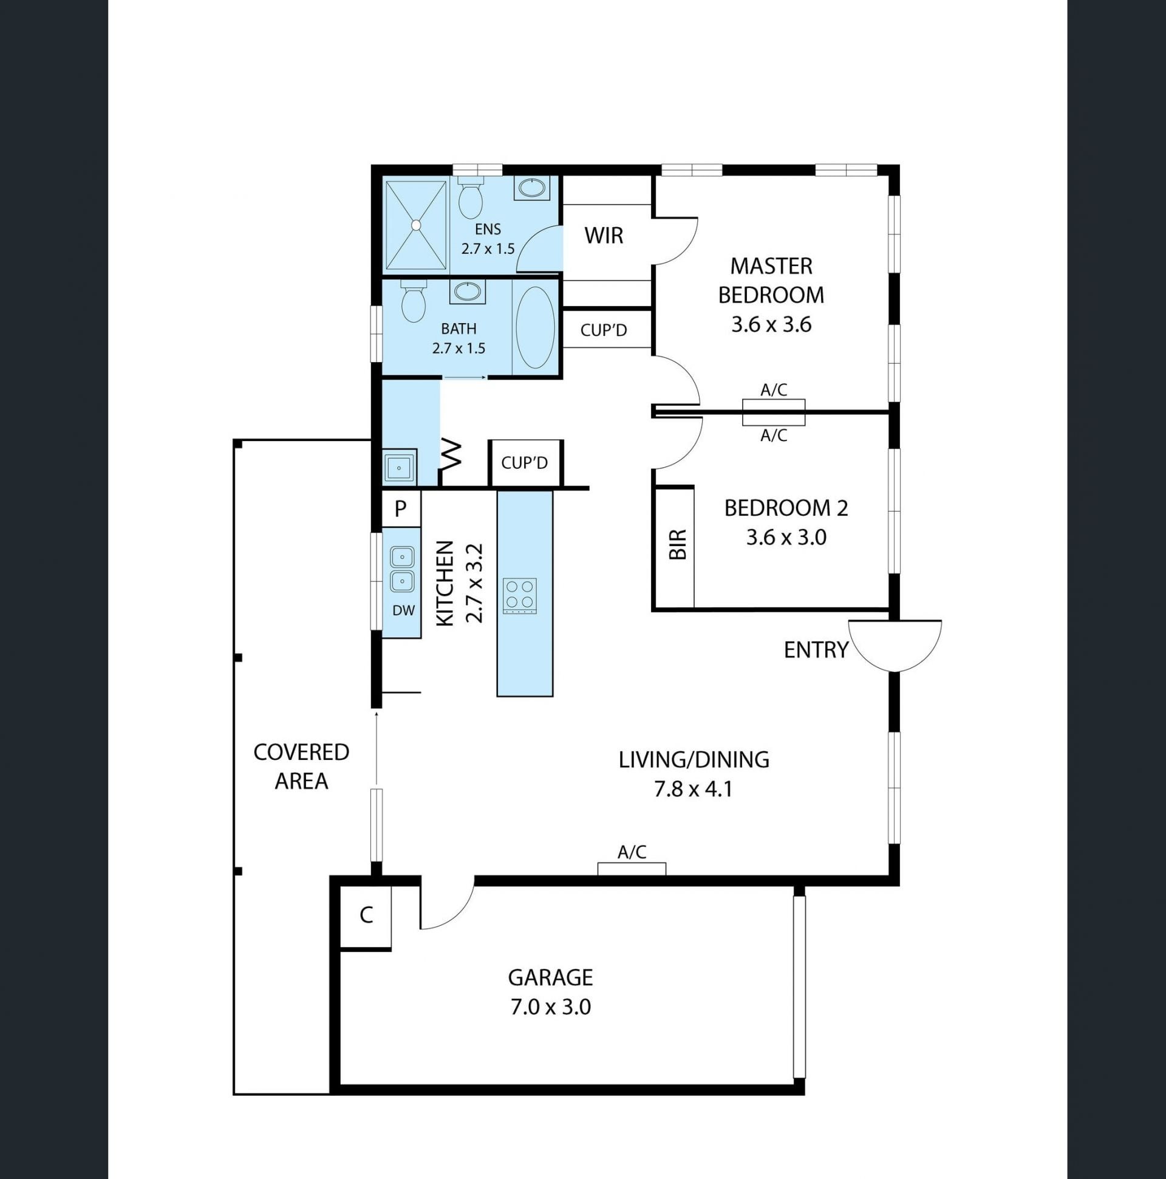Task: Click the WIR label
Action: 604,236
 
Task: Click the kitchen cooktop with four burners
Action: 519,596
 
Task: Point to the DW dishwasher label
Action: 403,610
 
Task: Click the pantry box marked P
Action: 401,508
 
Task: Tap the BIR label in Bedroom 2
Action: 678,544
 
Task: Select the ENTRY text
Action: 816,651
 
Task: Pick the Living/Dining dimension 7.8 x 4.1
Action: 693,790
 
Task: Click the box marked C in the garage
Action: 366,916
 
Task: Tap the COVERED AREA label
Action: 301,767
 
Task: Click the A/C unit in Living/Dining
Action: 632,869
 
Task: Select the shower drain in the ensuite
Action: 416,225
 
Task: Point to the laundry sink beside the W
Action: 400,468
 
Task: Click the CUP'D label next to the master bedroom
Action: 604,330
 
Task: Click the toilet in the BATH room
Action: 413,301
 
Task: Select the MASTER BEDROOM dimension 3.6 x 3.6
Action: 771,324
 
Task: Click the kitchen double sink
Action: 403,569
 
